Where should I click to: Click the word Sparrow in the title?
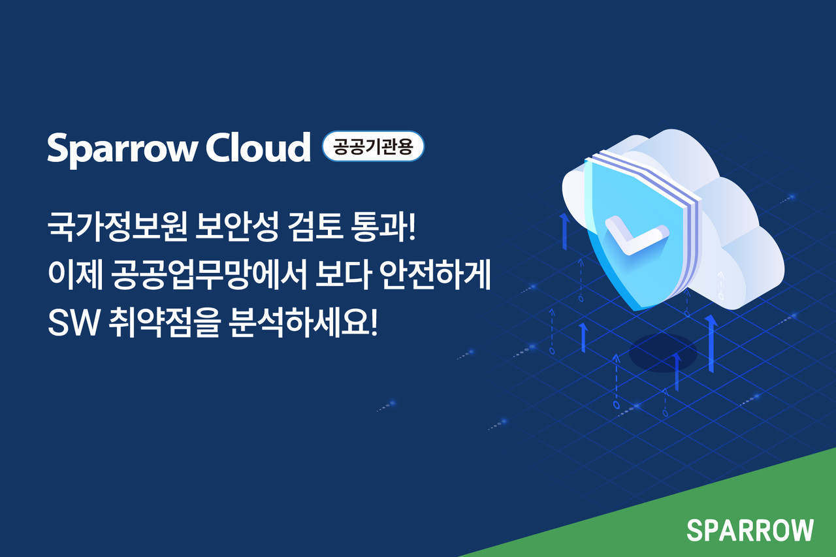coord(121,150)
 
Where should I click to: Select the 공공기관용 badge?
coord(373,147)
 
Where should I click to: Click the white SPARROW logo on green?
coord(750,530)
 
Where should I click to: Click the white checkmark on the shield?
coord(633,235)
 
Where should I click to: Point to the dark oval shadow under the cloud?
coord(662,353)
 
